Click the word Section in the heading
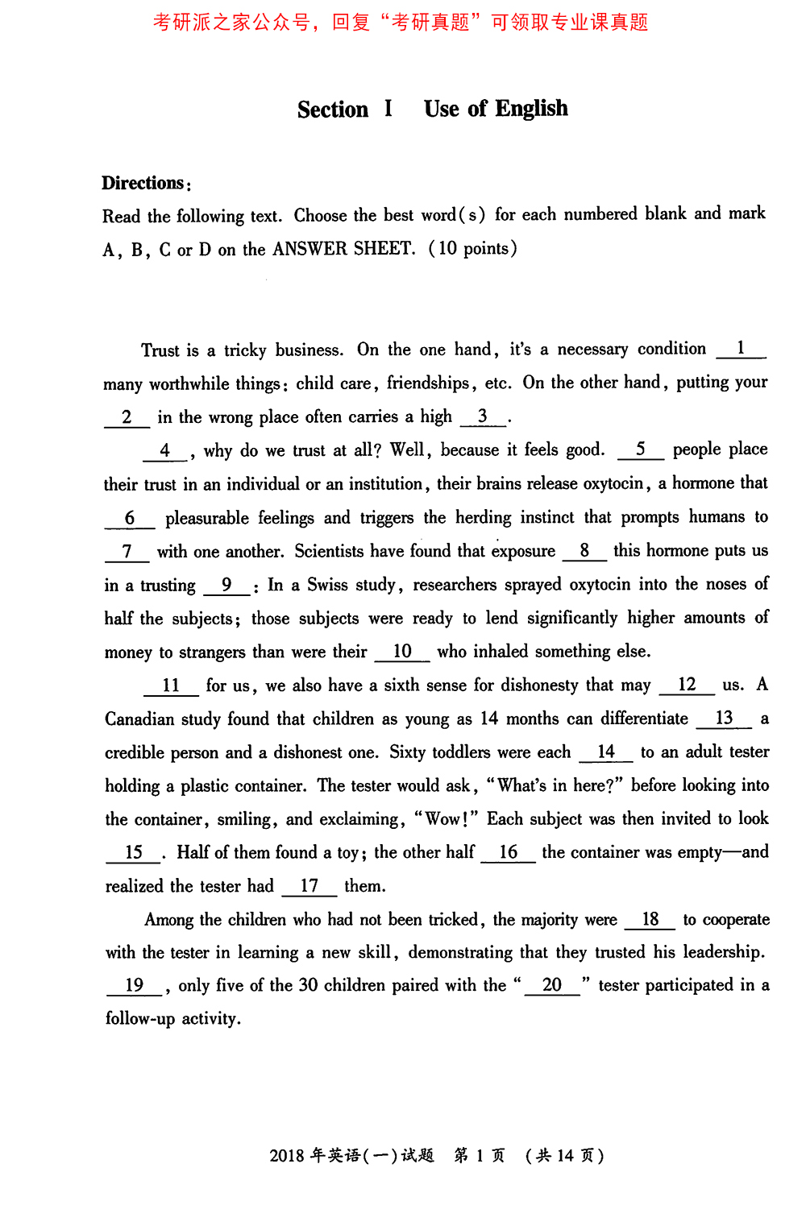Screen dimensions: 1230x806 coord(332,110)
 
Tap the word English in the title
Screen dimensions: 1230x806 coord(531,109)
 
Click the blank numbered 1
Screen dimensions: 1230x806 coord(741,349)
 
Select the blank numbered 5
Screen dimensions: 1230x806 coord(641,449)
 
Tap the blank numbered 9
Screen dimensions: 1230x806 coord(226,585)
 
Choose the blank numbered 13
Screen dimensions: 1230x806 coord(724,719)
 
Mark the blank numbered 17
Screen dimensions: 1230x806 coord(310,886)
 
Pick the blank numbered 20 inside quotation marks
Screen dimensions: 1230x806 coord(552,985)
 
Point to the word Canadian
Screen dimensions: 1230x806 coord(137,719)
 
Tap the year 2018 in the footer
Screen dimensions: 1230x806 coord(287,1156)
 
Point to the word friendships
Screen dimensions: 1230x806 coord(428,383)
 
